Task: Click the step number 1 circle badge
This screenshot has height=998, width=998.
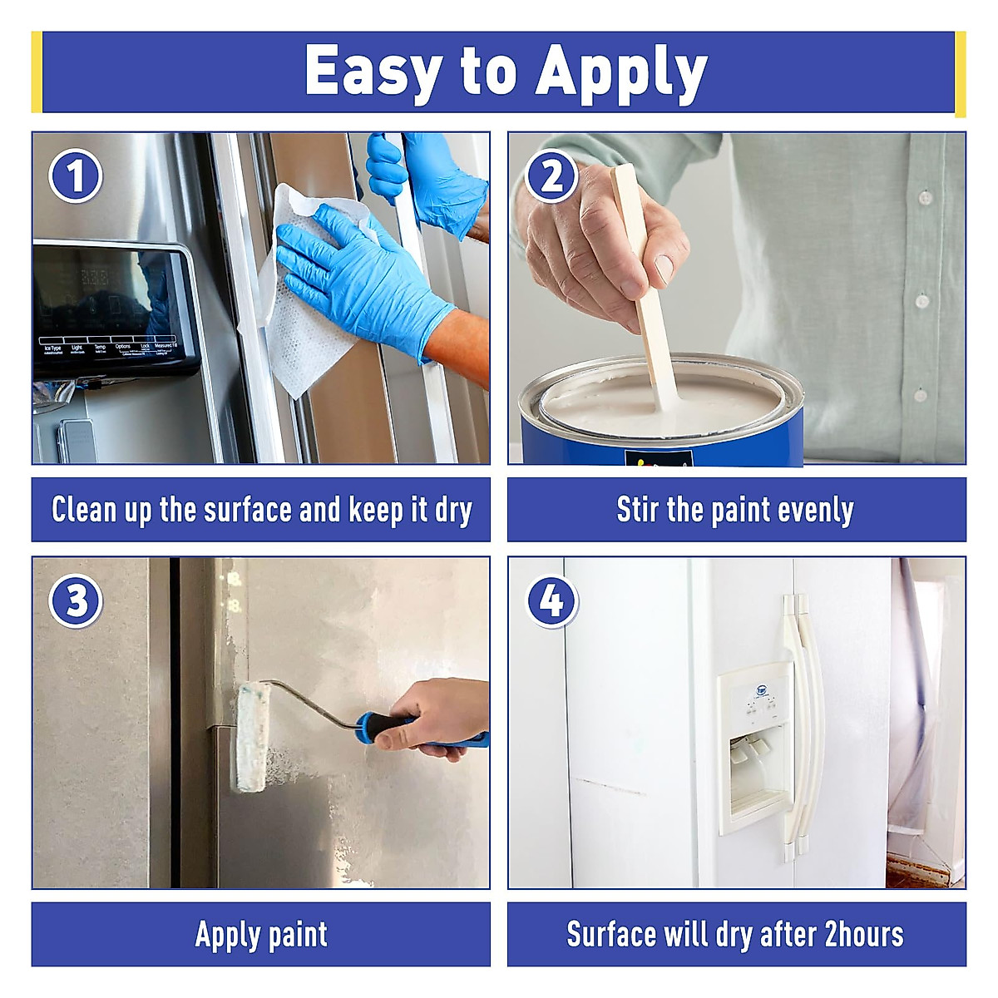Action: (76, 176)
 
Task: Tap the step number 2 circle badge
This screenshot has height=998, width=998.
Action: (551, 176)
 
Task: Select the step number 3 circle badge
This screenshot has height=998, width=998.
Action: (76, 600)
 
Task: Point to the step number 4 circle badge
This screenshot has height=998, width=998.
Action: (551, 600)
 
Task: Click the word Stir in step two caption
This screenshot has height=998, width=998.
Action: (636, 510)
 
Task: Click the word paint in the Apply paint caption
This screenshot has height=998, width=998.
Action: (297, 935)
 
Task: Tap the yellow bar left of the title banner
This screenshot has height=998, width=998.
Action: (36, 72)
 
